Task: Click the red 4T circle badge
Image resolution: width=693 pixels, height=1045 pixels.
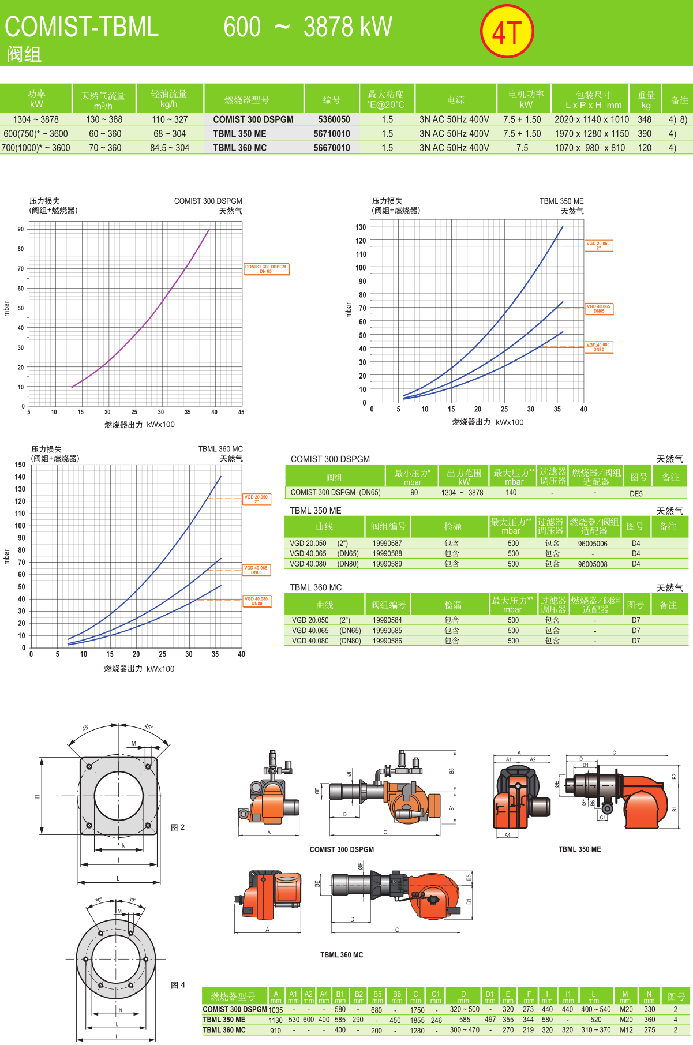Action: pyautogui.click(x=507, y=32)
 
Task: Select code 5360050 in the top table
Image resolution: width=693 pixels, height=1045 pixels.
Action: pyautogui.click(x=334, y=119)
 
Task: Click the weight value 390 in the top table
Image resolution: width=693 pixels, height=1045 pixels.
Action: pyautogui.click(x=644, y=133)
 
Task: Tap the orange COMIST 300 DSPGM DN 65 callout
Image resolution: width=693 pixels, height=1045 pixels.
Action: pyautogui.click(x=266, y=269)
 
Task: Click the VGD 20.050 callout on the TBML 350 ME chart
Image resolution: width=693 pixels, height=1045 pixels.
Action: pyautogui.click(x=598, y=245)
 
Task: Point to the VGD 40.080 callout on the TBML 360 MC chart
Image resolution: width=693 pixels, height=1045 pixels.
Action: pyautogui.click(x=256, y=601)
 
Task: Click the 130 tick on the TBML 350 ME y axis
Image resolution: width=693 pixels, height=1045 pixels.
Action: pyautogui.click(x=361, y=227)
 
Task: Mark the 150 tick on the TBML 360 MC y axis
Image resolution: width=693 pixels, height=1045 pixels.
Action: pyautogui.click(x=20, y=465)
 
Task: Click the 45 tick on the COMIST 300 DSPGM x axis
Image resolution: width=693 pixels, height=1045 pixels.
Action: pyautogui.click(x=241, y=412)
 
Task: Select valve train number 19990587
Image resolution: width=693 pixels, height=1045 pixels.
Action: pyautogui.click(x=387, y=543)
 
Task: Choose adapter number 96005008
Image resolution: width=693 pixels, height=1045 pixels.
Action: pyautogui.click(x=593, y=564)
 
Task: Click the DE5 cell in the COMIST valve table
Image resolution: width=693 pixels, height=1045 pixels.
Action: pyautogui.click(x=636, y=493)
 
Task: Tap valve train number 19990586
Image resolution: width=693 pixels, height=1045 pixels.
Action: pyautogui.click(x=387, y=641)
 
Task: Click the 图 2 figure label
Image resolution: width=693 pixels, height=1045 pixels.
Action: pyautogui.click(x=178, y=827)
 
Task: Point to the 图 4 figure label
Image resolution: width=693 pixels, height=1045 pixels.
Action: pyautogui.click(x=178, y=985)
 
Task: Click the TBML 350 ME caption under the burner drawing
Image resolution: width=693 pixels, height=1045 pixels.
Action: pyautogui.click(x=579, y=849)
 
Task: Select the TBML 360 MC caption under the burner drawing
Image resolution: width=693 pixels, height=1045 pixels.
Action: pyautogui.click(x=342, y=954)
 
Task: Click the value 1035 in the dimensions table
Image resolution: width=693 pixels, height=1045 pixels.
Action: pyautogui.click(x=276, y=1010)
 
